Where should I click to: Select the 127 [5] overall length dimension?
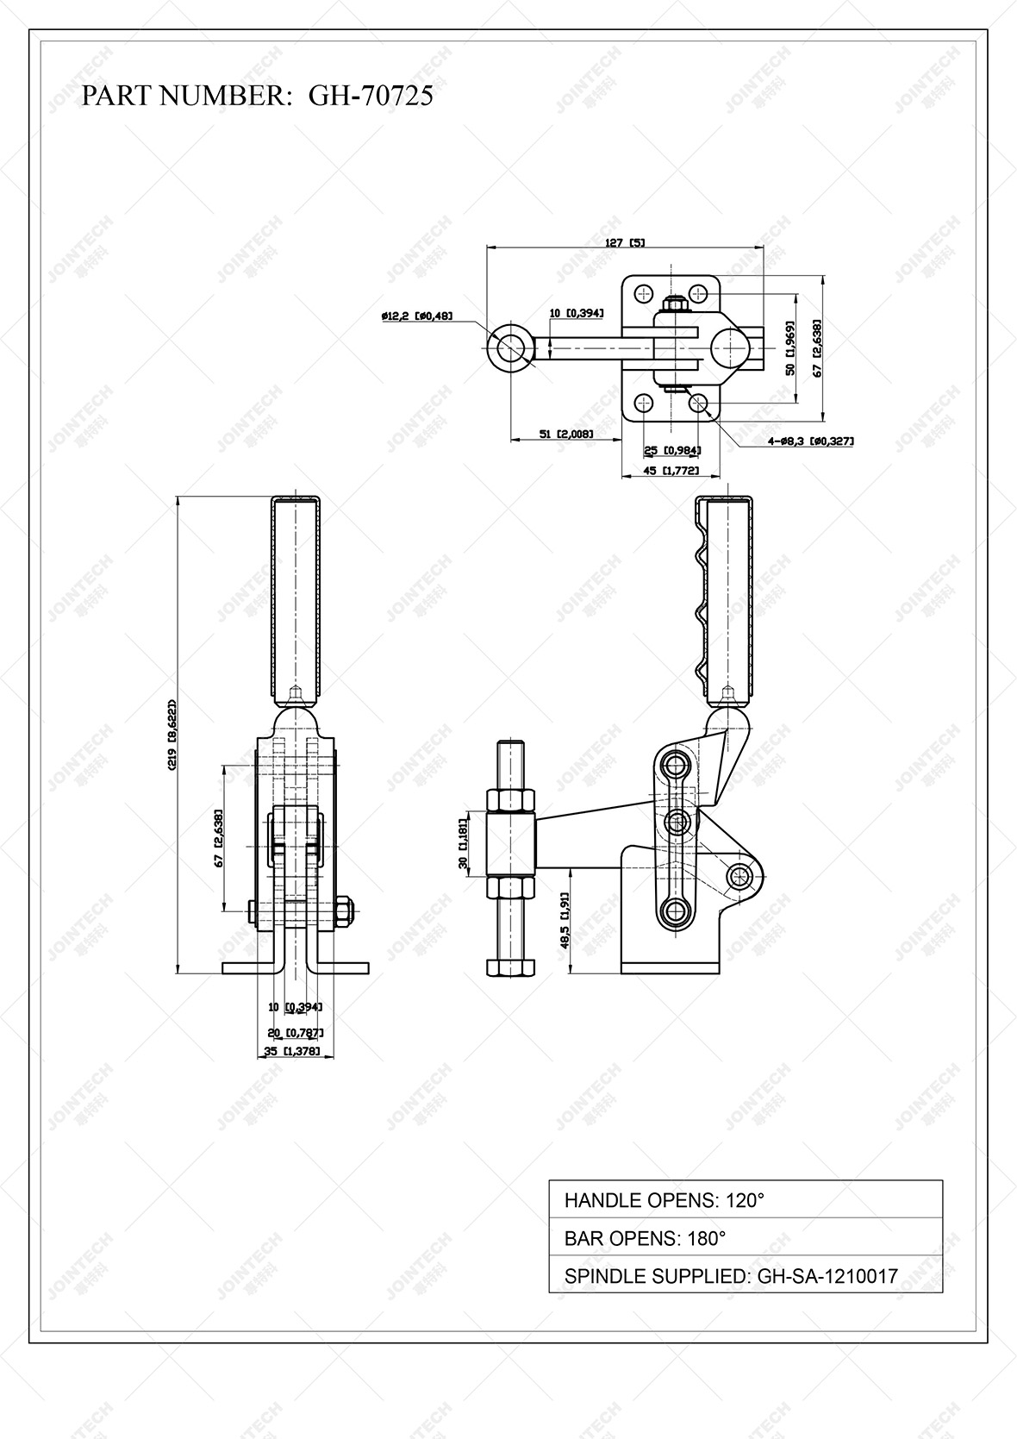click(x=625, y=243)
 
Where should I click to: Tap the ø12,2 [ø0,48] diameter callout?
click(x=416, y=316)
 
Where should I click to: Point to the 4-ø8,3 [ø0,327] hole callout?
click(x=810, y=441)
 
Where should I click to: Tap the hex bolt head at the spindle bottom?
click(x=511, y=967)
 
